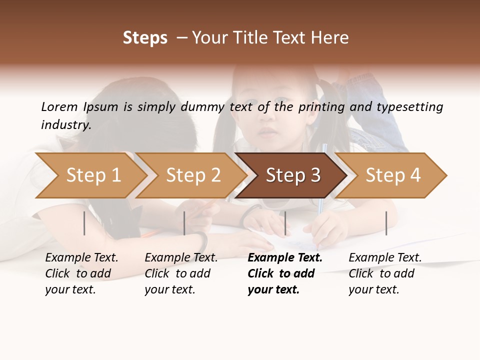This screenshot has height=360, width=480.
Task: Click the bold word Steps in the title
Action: [x=145, y=38]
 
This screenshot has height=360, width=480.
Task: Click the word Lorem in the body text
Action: [x=59, y=106]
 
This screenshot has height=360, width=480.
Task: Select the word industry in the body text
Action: [x=66, y=124]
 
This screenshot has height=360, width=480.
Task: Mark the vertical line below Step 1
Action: [x=84, y=223]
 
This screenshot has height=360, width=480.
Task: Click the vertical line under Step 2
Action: [x=184, y=223]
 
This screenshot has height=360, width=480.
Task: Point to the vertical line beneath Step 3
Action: [x=285, y=223]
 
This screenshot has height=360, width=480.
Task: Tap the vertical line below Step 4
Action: [x=386, y=223]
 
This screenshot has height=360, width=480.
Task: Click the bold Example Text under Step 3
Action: [x=285, y=258]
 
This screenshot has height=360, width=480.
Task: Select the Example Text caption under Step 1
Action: [x=81, y=258]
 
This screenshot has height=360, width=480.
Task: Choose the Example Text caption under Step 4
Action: [x=385, y=258]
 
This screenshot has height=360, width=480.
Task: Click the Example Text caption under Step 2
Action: [x=181, y=258]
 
